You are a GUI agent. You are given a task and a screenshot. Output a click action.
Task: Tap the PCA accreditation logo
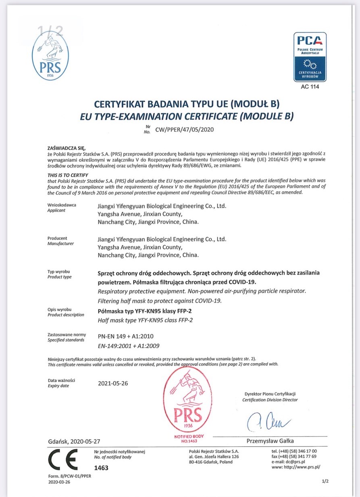coord(310,57)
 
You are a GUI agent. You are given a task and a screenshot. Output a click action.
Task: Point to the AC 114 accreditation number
coord(310,87)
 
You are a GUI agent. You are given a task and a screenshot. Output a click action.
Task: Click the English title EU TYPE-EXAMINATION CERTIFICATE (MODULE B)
coord(182,117)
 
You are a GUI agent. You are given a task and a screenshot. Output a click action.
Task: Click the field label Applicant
coord(56,211)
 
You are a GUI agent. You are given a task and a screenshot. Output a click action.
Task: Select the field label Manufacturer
coord(60,244)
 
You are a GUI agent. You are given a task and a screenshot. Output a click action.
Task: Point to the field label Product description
coord(66,315)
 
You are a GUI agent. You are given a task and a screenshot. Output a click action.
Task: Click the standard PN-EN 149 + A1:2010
coord(125,336)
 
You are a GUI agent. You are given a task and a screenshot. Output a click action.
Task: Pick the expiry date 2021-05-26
coord(113,383)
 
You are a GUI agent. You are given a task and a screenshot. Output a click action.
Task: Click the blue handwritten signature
coord(268,421)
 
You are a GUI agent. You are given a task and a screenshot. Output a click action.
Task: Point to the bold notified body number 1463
coord(101,468)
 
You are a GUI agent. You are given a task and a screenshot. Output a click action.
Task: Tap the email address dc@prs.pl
coord(288,461)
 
